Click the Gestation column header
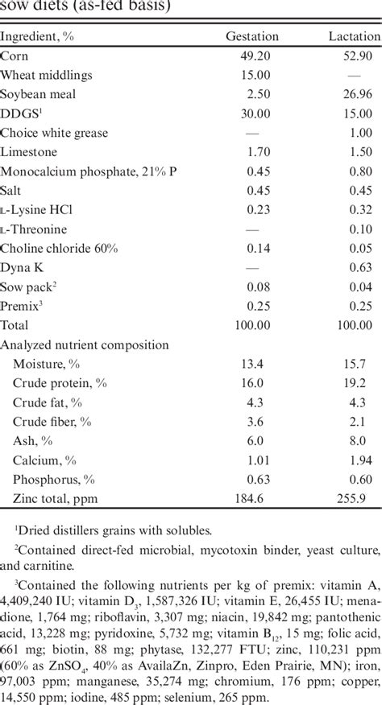[x=252, y=37]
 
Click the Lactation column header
[x=354, y=37]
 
